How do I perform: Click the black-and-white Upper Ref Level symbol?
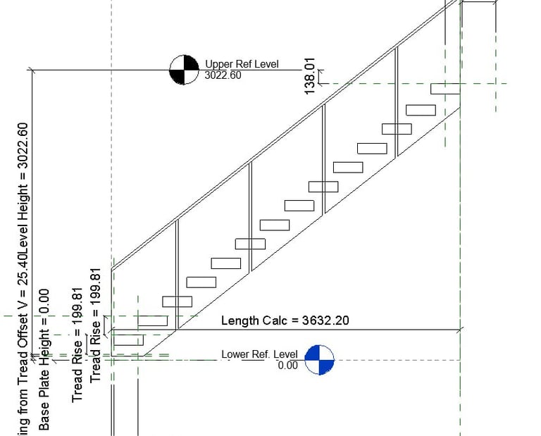pyautogui.click(x=184, y=70)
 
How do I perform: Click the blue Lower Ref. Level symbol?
pyautogui.click(x=318, y=359)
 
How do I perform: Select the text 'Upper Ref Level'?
pyautogui.click(x=242, y=64)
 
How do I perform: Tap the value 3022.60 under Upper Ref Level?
pyautogui.click(x=223, y=75)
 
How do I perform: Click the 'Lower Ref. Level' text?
pyautogui.click(x=259, y=354)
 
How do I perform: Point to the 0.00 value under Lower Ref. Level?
pyautogui.click(x=287, y=365)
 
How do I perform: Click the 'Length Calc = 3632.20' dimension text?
pyautogui.click(x=285, y=320)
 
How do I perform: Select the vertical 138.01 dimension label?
pyautogui.click(x=309, y=76)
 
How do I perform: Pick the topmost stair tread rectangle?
pyautogui.click(x=445, y=89)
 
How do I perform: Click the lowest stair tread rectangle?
pyautogui.click(x=128, y=340)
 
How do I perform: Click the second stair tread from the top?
pyautogui.click(x=421, y=109)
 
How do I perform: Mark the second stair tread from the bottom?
pyautogui.click(x=153, y=320)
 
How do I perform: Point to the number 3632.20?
pyautogui.click(x=326, y=320)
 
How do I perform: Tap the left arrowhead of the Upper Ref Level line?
pyautogui.click(x=32, y=70)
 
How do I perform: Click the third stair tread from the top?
pyautogui.click(x=397, y=129)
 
